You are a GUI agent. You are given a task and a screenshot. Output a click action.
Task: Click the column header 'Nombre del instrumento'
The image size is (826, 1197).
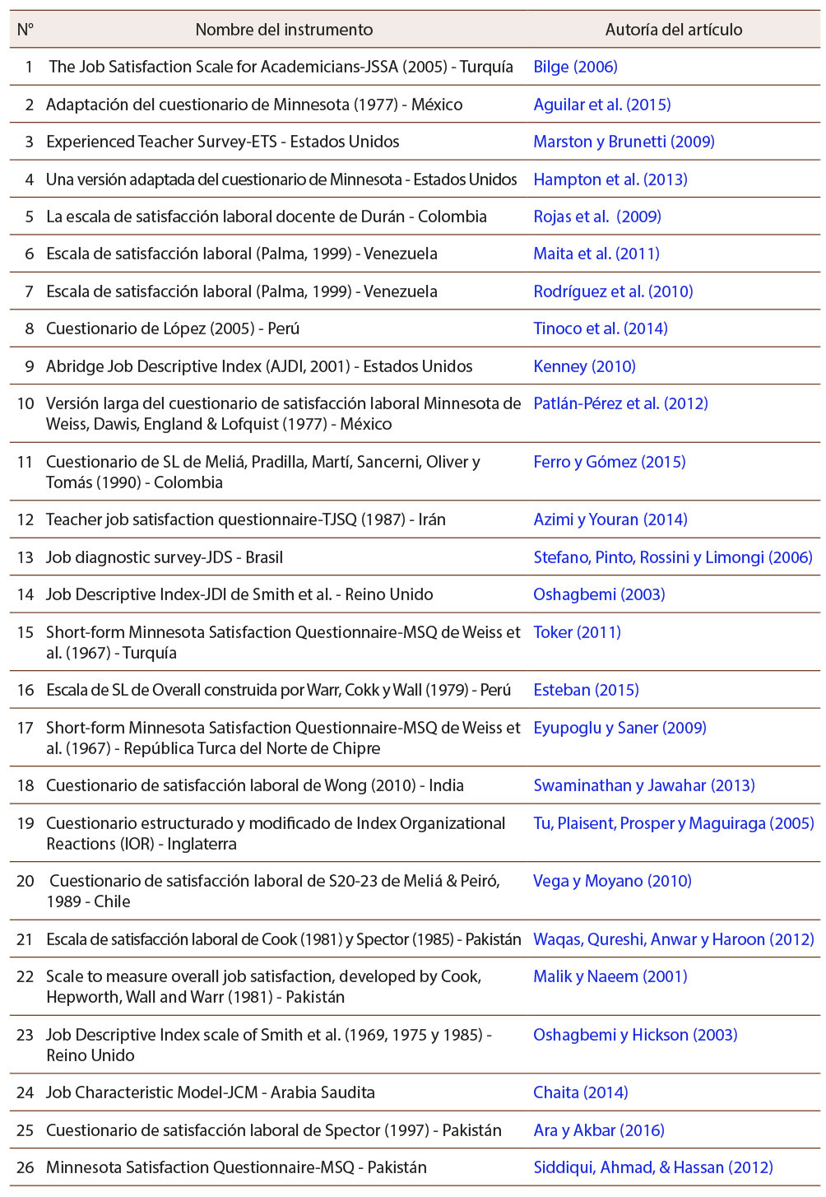284,30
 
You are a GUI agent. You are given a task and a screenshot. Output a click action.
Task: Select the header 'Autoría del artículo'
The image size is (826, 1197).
673,30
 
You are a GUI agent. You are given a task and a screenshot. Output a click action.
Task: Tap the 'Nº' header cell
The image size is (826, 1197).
26,30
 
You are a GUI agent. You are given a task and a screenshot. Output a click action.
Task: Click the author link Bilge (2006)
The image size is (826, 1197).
575,67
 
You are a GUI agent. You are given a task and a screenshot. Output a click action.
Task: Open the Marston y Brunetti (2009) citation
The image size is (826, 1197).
624,142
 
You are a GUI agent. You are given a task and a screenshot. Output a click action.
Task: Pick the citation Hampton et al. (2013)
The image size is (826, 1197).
610,179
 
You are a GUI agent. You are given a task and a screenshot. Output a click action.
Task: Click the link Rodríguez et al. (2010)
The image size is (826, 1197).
613,291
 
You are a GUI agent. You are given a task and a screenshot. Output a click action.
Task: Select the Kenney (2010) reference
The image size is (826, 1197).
584,366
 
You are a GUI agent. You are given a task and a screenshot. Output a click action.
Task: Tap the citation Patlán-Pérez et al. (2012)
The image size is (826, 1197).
620,403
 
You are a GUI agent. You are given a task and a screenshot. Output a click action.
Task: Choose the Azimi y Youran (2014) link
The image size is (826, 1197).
610,519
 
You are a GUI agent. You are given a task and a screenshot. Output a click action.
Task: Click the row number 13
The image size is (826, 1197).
26,557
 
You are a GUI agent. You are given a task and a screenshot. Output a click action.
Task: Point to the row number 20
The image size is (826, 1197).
26,881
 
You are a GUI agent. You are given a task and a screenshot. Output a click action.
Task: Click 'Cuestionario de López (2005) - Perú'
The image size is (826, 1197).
173,328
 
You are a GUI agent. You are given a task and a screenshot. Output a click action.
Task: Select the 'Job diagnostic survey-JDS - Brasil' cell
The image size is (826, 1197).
165,557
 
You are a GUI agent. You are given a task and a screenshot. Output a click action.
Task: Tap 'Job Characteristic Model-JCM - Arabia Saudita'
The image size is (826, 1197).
211,1092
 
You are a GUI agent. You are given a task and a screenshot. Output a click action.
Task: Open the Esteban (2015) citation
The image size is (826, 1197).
586,690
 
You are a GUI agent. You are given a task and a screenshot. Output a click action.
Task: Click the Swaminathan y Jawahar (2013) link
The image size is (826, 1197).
644,785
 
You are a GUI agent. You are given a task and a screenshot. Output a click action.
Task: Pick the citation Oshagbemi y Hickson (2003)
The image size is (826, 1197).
635,1035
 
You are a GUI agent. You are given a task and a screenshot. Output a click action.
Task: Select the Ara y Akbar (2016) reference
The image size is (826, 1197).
599,1130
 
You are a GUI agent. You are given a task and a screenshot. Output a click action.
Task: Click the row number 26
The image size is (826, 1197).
26,1167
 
